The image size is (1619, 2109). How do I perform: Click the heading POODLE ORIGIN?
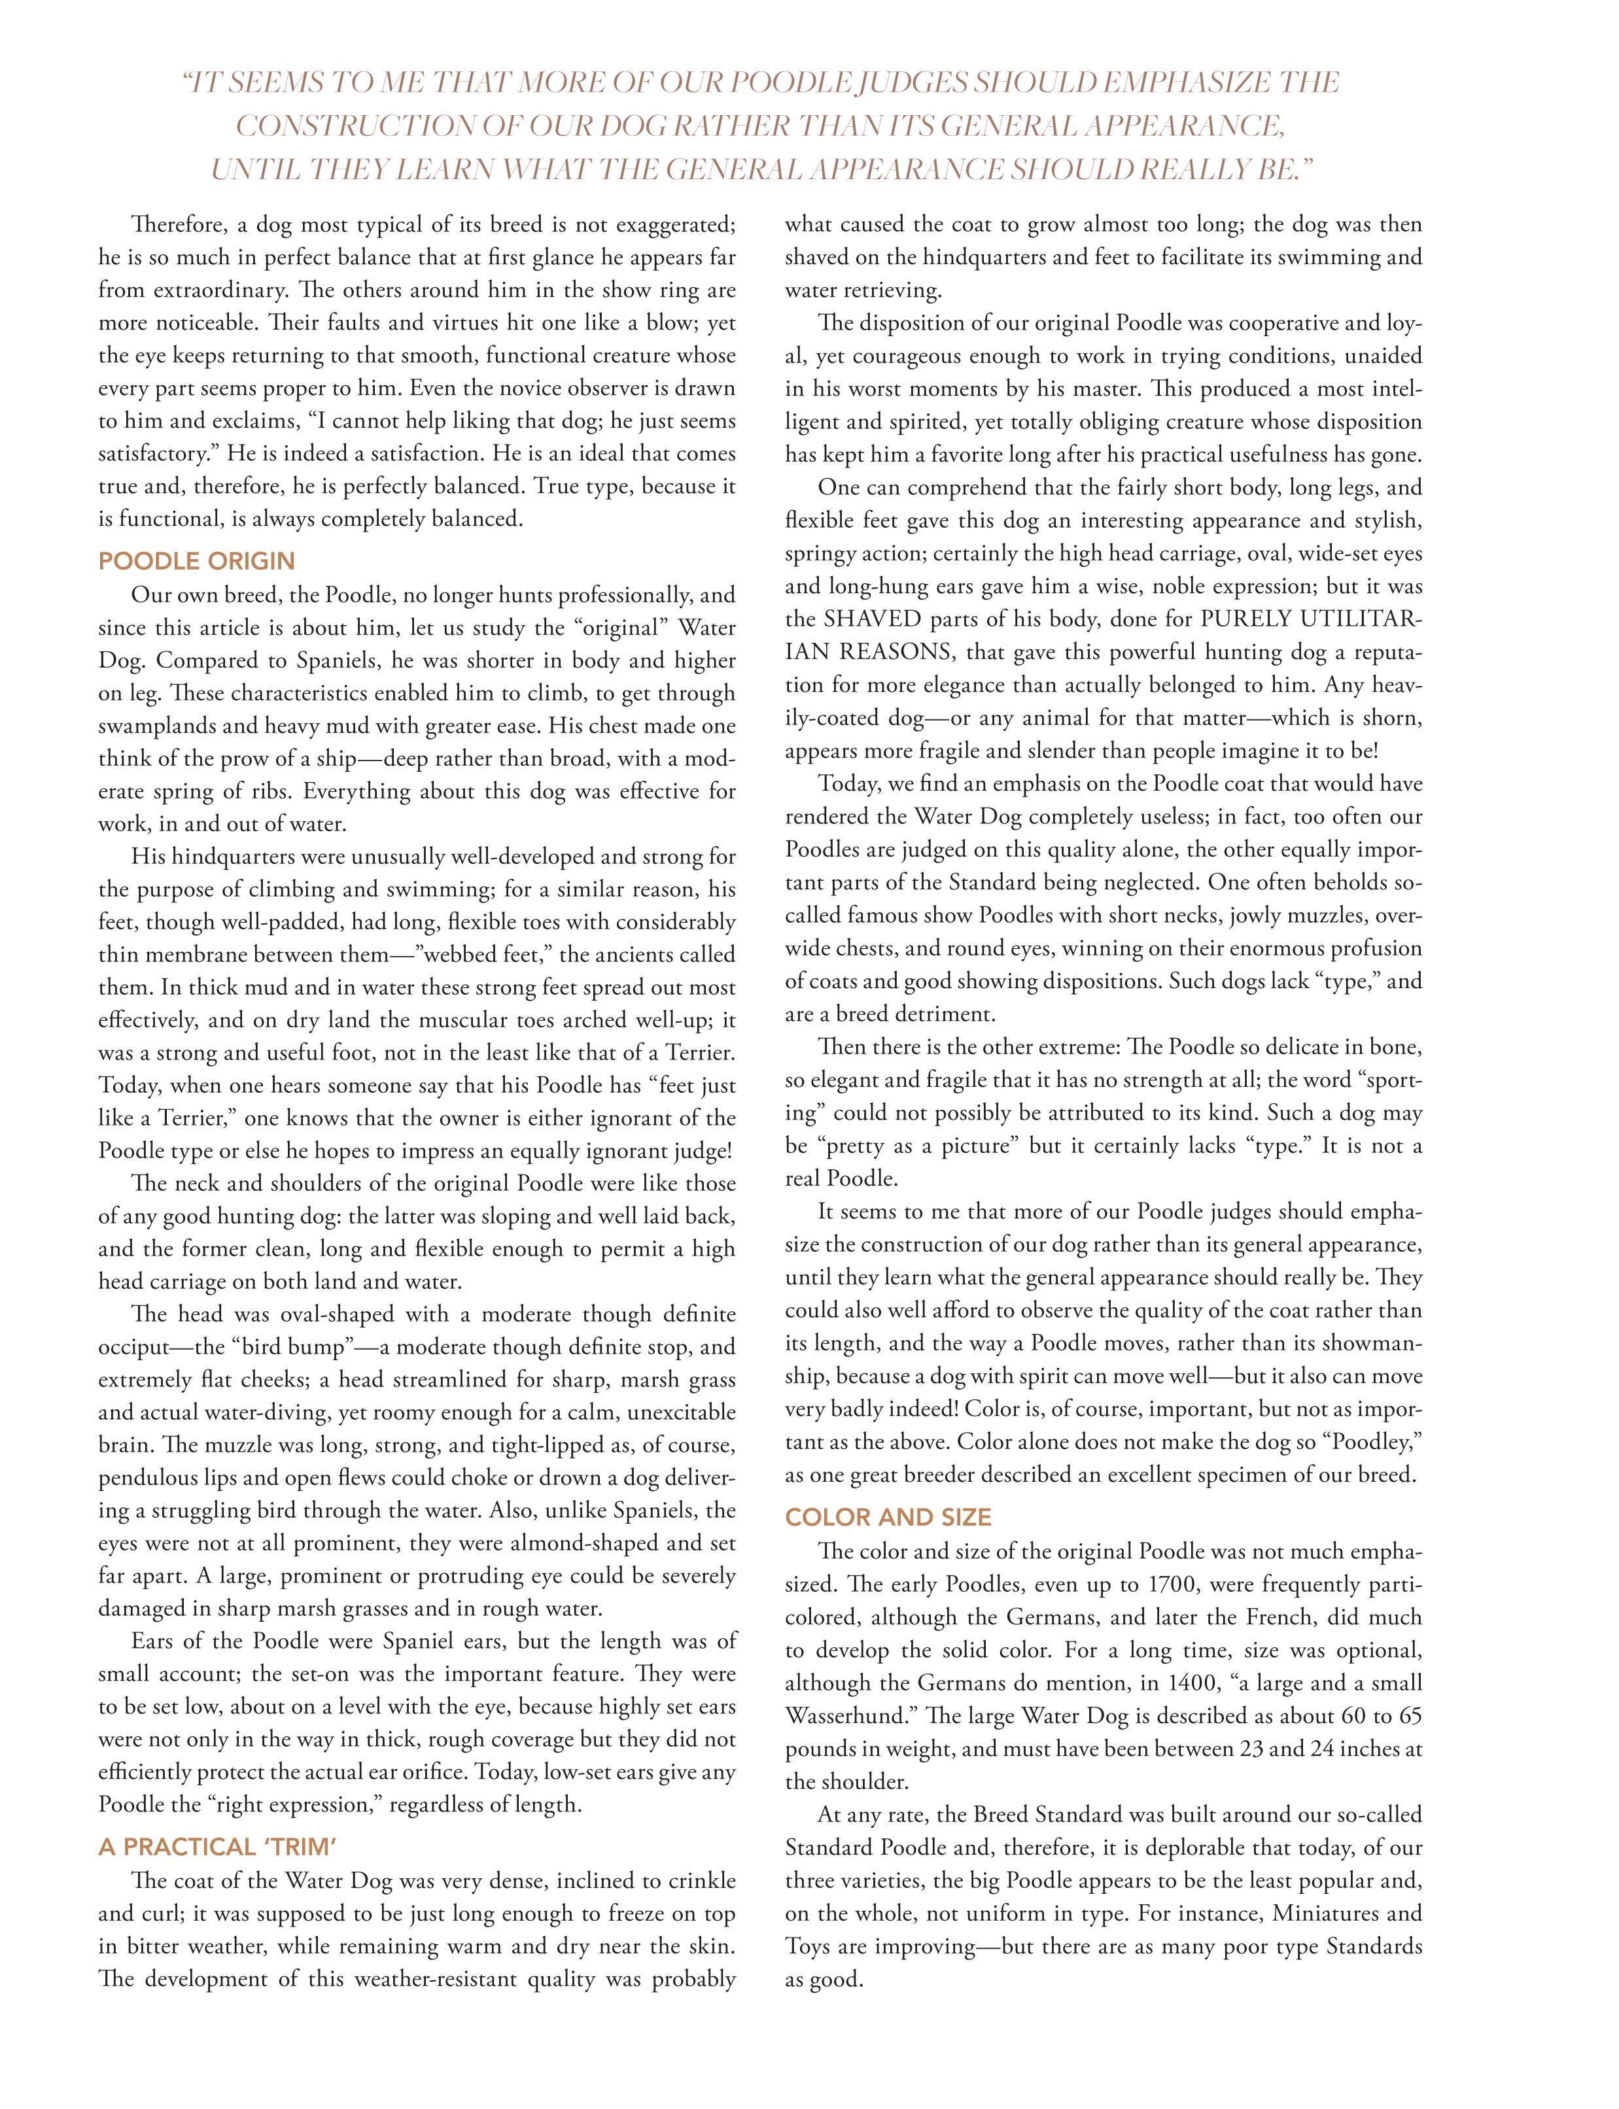coord(197,560)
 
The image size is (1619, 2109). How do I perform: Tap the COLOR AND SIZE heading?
coord(888,1517)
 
